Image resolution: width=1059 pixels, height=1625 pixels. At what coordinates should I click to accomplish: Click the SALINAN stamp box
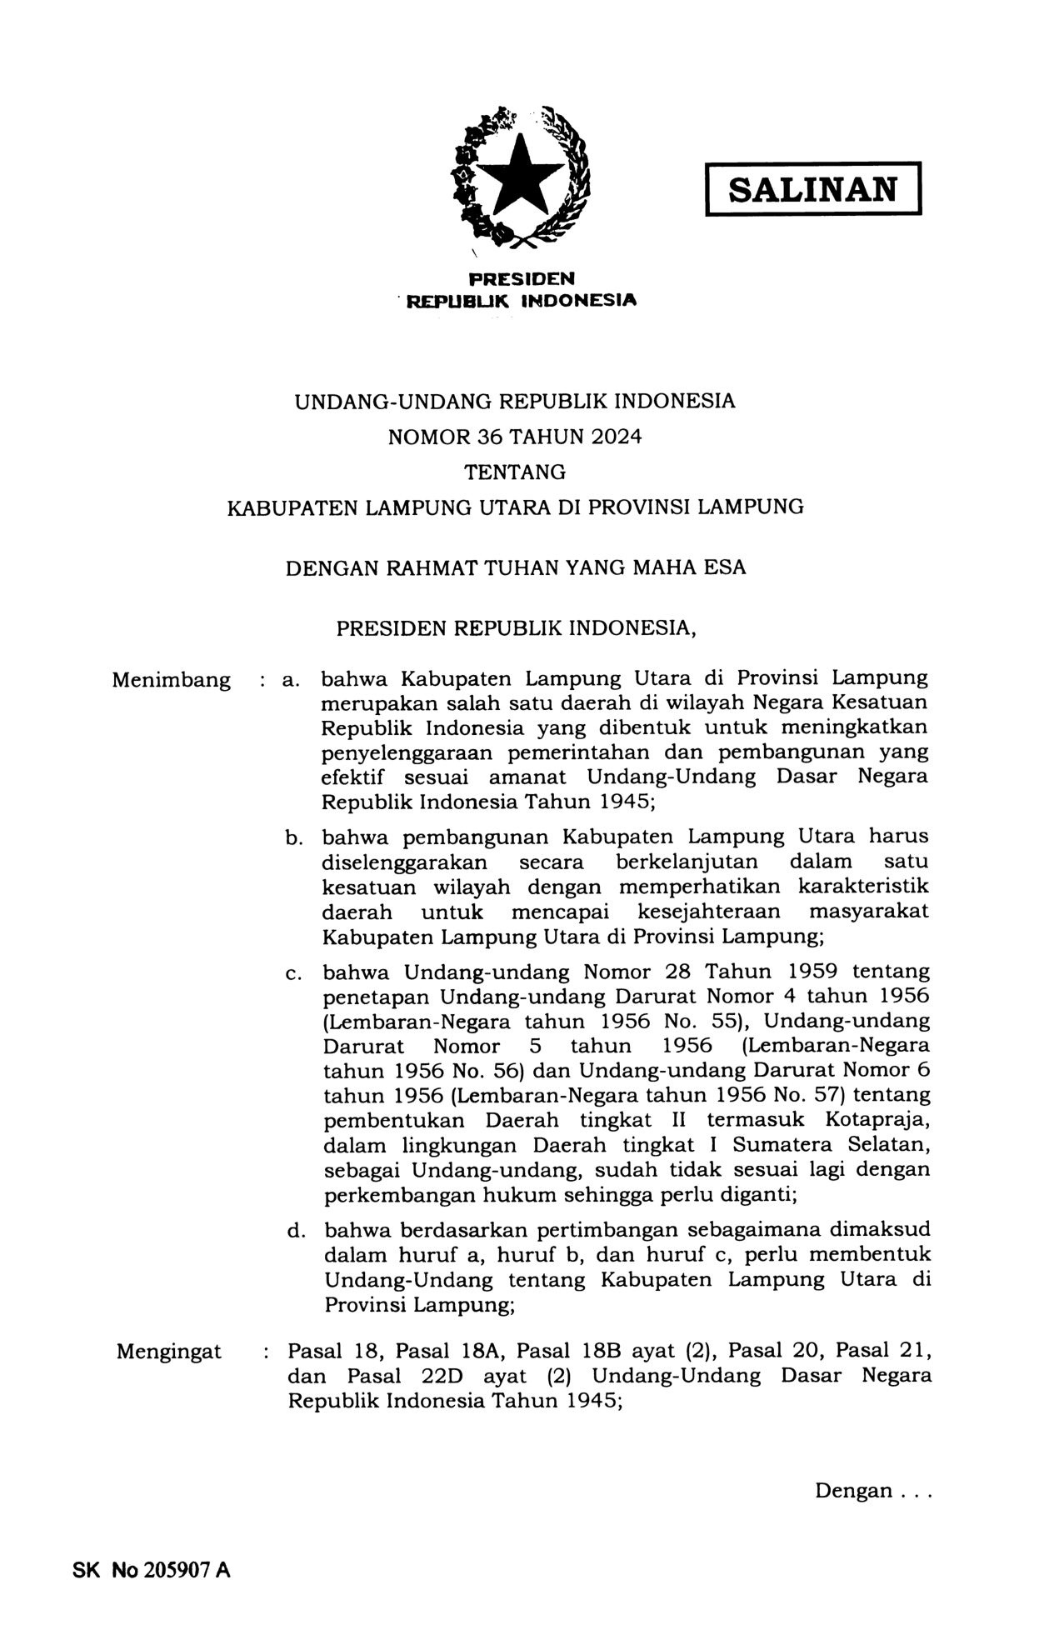click(x=812, y=189)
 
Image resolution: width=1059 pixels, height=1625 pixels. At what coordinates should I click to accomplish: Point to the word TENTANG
click(x=515, y=472)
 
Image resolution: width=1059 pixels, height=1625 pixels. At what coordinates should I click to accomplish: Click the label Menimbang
click(x=171, y=680)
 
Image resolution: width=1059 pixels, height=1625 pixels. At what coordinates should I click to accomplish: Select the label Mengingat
click(x=169, y=1352)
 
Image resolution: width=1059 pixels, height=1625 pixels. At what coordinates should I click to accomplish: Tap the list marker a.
click(x=290, y=680)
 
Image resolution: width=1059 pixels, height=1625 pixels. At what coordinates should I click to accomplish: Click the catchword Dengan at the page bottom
click(x=852, y=1491)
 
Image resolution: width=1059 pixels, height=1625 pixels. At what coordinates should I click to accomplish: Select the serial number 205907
click(x=177, y=1571)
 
